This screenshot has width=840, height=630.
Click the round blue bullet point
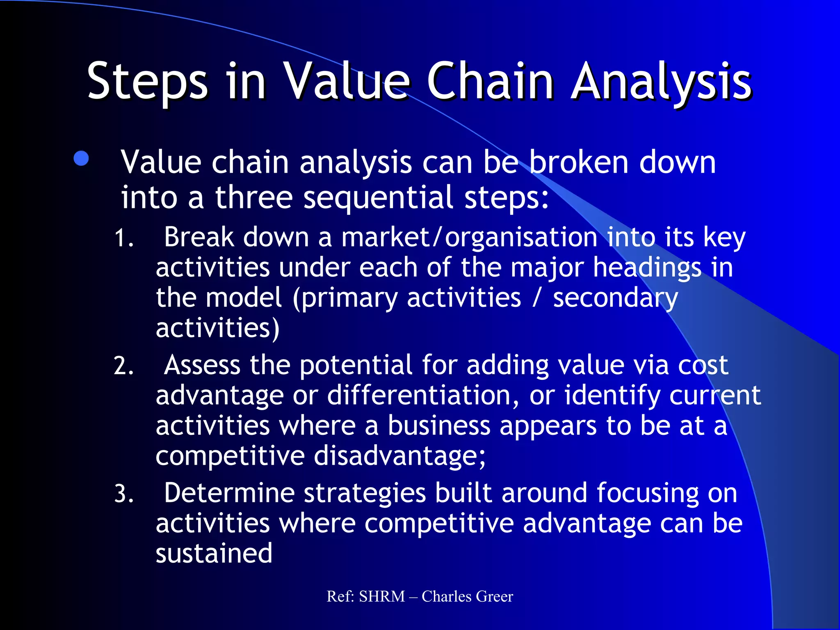(x=81, y=159)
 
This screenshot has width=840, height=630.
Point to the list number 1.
(x=123, y=238)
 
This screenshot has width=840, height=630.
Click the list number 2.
(x=123, y=366)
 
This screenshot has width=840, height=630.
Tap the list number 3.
(x=123, y=494)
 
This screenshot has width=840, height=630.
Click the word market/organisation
(x=469, y=237)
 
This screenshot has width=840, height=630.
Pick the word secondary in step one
(x=615, y=298)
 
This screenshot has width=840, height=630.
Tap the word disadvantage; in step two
(x=399, y=456)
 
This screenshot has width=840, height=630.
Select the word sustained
(x=214, y=553)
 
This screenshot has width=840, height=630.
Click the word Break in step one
(x=199, y=237)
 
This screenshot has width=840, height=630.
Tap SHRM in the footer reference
(x=382, y=596)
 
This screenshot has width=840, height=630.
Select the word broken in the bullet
(x=578, y=162)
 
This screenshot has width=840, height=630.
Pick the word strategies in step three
(x=364, y=494)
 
